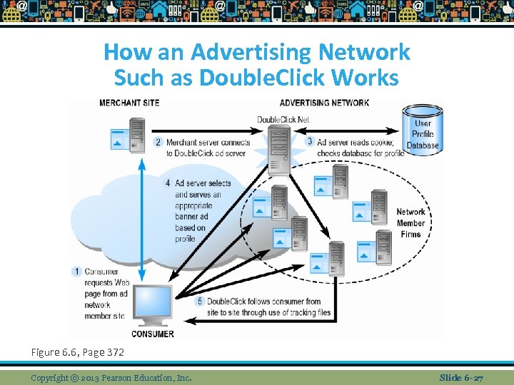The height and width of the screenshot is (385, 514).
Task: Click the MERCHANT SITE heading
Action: coord(129,103)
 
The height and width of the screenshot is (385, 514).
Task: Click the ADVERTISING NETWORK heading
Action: coord(324,103)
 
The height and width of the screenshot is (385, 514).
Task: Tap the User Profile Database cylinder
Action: coord(423,128)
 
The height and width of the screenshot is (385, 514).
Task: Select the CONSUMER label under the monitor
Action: coord(153,334)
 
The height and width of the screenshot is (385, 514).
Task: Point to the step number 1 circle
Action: coord(77,272)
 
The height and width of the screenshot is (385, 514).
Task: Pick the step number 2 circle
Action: coord(158,142)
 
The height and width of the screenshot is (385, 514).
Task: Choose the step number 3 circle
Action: coord(310,142)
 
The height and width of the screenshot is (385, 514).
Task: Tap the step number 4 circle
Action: coord(167,183)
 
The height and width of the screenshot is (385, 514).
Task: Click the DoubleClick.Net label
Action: coord(283,119)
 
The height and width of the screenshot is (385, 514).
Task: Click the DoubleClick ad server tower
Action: coord(280,150)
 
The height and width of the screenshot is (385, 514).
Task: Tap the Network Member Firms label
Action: coord(410,223)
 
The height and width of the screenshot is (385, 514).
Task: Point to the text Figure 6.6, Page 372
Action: coord(78,352)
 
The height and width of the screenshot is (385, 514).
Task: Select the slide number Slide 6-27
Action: coord(461,377)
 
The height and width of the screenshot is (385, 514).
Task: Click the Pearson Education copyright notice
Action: coord(111,377)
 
